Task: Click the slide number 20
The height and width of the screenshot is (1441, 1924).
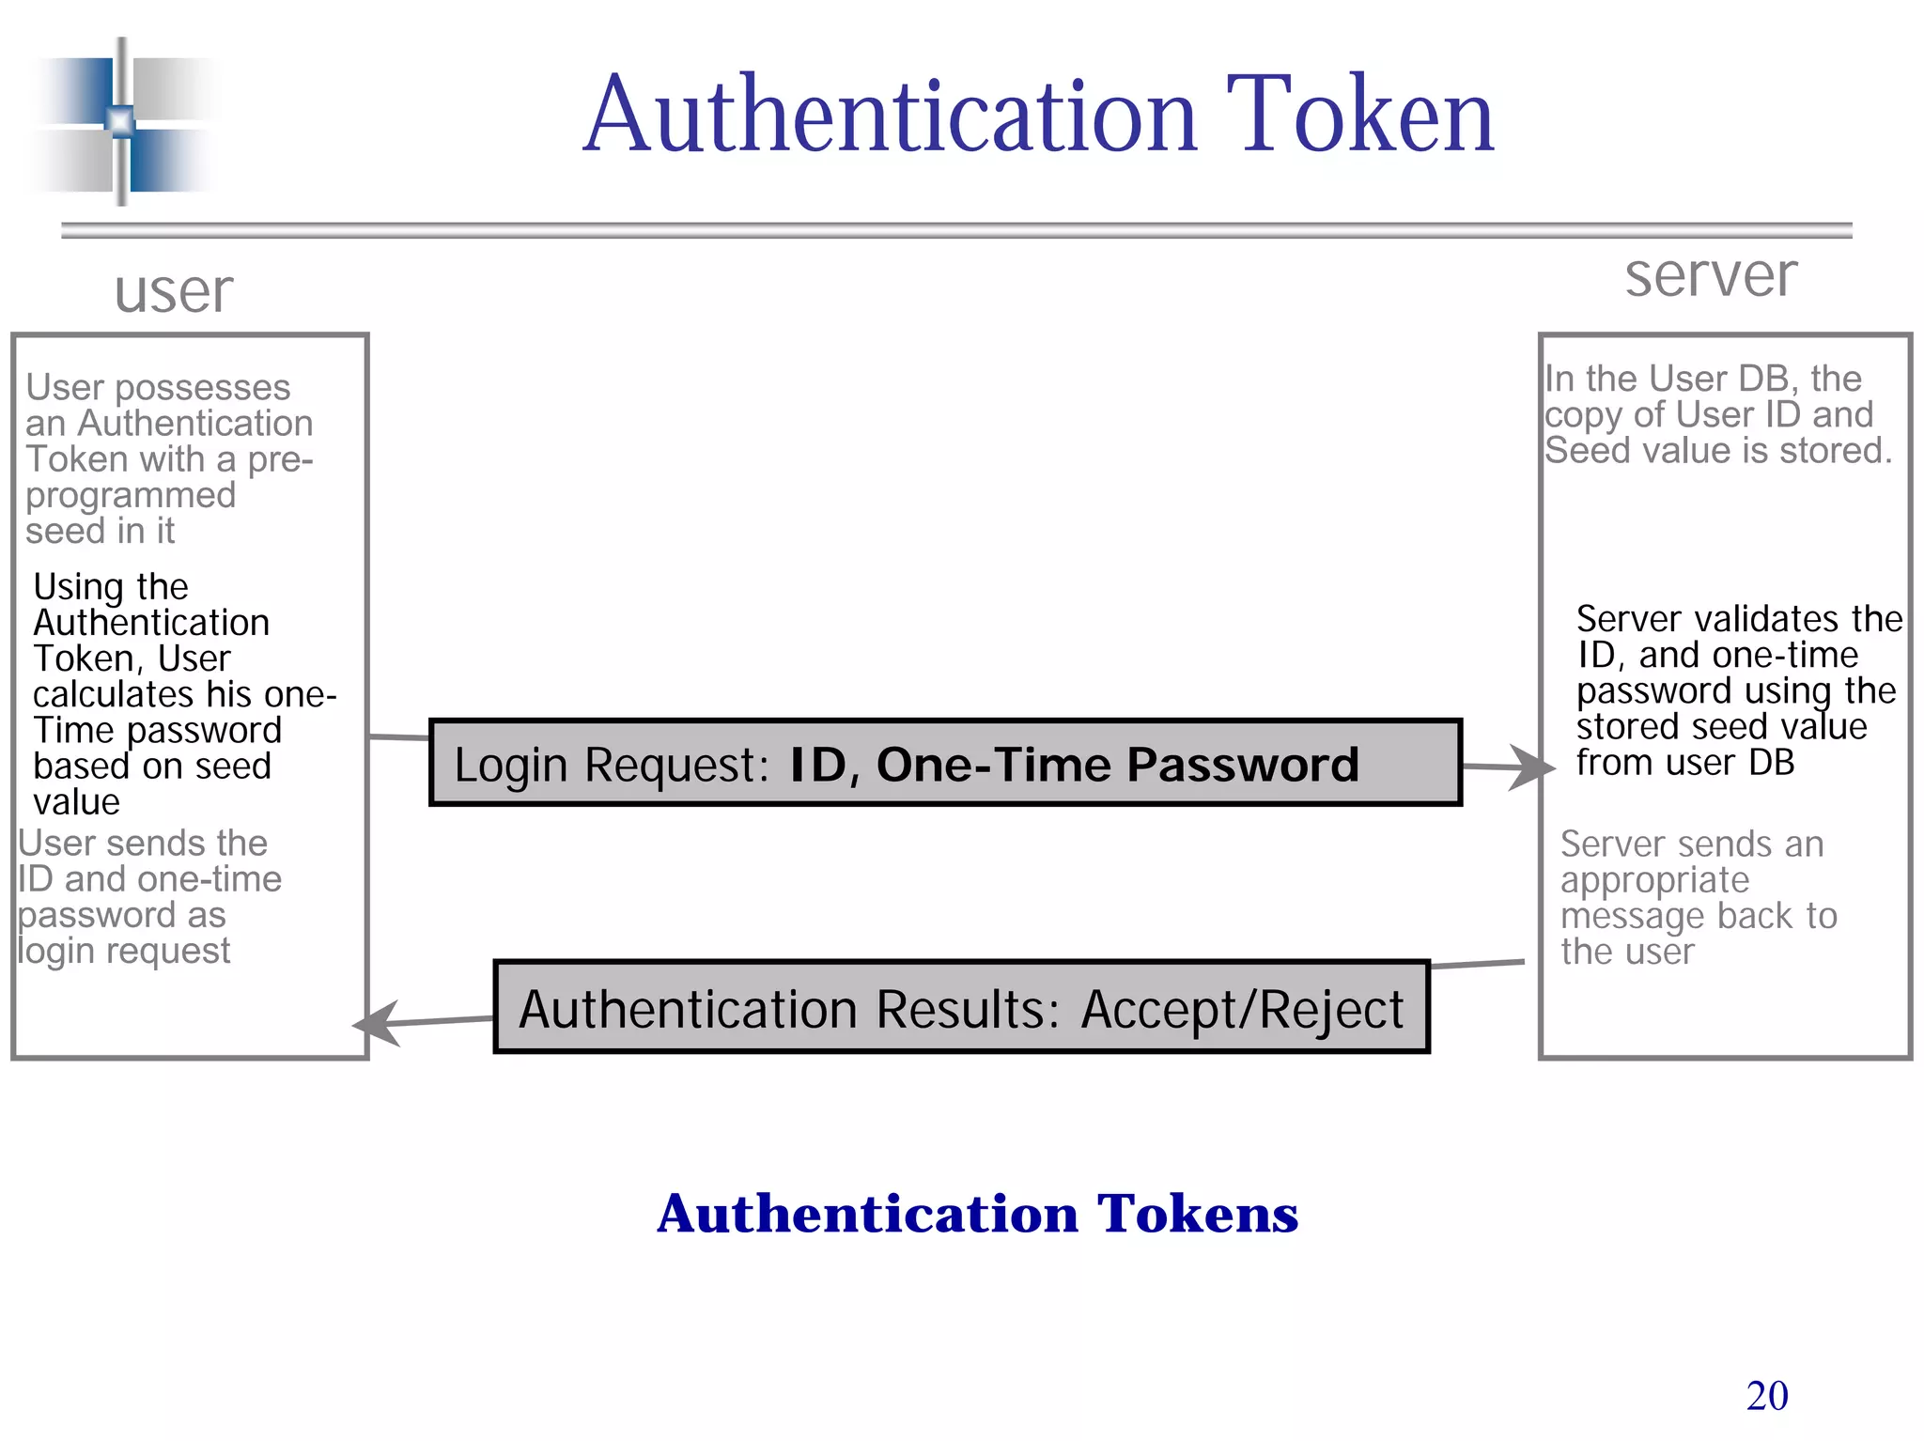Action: (1766, 1396)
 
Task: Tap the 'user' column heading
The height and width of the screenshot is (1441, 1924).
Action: (174, 291)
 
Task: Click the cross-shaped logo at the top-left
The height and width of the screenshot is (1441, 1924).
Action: (121, 121)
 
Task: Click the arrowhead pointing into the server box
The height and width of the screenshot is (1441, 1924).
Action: (1531, 767)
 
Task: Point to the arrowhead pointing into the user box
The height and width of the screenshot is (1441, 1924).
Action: (377, 1023)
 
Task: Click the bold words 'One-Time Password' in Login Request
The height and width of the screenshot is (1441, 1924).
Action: (1117, 764)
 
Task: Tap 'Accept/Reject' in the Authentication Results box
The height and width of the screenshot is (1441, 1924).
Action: (1242, 1010)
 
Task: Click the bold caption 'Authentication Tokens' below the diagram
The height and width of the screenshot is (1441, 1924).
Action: (977, 1213)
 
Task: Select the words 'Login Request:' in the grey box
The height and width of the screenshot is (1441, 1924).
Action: (612, 765)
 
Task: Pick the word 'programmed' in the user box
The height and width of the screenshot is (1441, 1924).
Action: (131, 495)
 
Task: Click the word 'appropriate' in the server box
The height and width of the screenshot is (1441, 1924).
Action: (1654, 880)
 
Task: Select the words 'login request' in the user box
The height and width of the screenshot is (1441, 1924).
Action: (124, 951)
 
